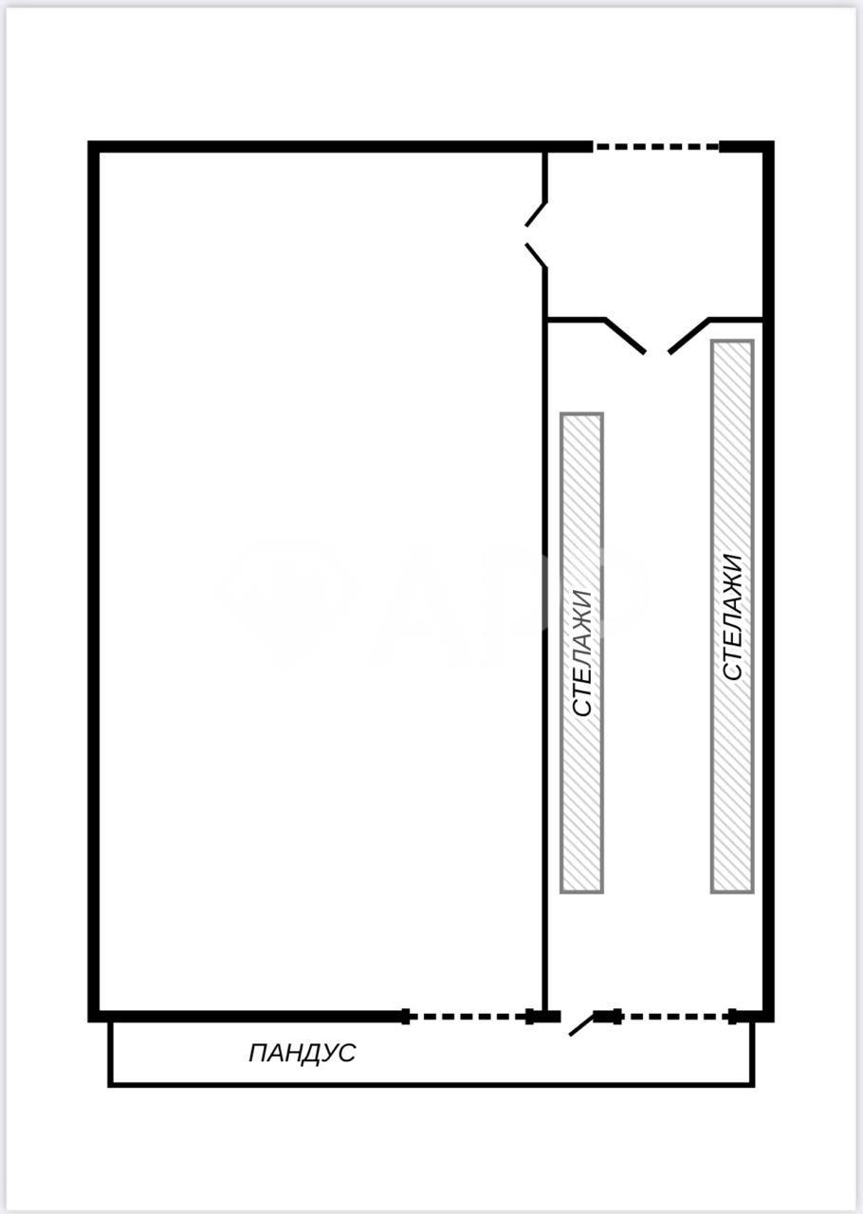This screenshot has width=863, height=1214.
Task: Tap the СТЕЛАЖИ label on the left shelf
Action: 582,653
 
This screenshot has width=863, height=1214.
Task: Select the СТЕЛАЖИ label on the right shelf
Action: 732,616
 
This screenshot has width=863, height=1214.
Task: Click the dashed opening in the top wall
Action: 656,146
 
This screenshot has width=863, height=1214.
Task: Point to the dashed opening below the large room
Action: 468,1017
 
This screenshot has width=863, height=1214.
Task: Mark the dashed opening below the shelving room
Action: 675,1017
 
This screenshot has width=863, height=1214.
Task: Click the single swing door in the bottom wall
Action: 581,1026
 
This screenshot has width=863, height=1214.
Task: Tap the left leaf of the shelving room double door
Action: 624,336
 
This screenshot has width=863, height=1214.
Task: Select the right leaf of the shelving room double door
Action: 689,336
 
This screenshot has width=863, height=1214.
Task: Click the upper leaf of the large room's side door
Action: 535,214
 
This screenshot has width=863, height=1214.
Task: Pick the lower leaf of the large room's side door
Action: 535,256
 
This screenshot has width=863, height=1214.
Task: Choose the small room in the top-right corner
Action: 655,234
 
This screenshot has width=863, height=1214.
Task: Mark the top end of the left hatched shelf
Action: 581,414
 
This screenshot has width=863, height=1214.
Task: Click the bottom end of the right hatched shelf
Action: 732,891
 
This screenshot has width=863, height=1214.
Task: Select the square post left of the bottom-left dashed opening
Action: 405,1017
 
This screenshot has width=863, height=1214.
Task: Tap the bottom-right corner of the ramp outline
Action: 752,1085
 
